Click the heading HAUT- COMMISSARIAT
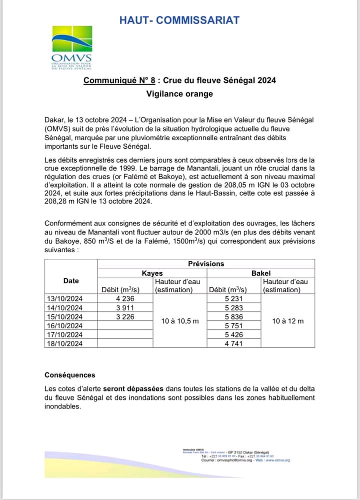(179, 21)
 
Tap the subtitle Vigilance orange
(179, 94)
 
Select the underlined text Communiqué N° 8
(116, 80)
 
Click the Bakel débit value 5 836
(233, 316)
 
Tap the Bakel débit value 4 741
(233, 343)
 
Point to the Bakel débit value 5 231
(233, 298)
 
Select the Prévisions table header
(206, 264)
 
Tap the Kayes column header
(152, 273)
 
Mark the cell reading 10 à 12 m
(287, 321)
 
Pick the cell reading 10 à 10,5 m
(180, 321)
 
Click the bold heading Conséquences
(69, 375)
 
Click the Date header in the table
(71, 281)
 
